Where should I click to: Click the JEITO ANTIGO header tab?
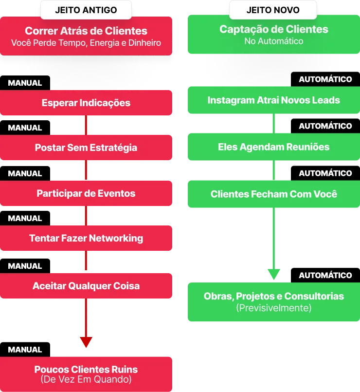tap(86, 10)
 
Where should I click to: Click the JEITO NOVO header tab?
tap(272, 10)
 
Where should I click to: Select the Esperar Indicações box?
tap(86, 103)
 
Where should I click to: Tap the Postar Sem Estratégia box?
tap(86, 148)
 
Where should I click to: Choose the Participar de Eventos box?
tap(86, 193)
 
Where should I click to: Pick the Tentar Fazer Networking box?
tap(86, 238)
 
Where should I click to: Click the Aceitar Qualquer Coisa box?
tap(86, 286)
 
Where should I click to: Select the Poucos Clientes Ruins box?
tap(86, 373)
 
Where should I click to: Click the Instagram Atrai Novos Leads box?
tap(273, 100)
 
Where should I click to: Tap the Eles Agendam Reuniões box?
tap(273, 147)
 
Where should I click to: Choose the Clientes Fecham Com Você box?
tap(273, 194)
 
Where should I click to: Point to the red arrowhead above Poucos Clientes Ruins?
tap(86, 342)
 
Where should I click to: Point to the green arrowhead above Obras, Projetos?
tap(274, 274)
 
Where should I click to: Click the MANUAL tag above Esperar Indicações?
tap(25, 83)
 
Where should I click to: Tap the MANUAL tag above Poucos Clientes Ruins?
tap(25, 350)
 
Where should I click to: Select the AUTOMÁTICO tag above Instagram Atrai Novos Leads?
tap(325, 79)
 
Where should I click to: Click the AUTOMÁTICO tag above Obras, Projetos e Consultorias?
tap(325, 276)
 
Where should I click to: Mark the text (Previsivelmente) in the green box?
tap(273, 308)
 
